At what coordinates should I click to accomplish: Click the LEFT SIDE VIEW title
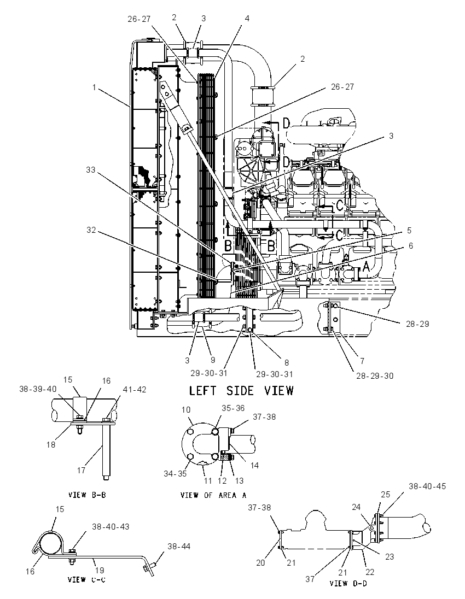(x=242, y=391)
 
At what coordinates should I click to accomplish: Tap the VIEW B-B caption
(x=87, y=495)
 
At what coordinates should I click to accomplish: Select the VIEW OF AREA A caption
(x=213, y=495)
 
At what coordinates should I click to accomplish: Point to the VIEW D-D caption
(x=348, y=583)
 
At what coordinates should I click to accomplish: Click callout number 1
(x=94, y=87)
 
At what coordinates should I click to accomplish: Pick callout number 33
(x=91, y=169)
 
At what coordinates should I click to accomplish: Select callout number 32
(x=91, y=230)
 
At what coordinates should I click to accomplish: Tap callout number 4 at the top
(x=247, y=18)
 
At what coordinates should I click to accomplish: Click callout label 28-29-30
(x=375, y=376)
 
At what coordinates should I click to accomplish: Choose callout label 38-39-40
(x=38, y=389)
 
